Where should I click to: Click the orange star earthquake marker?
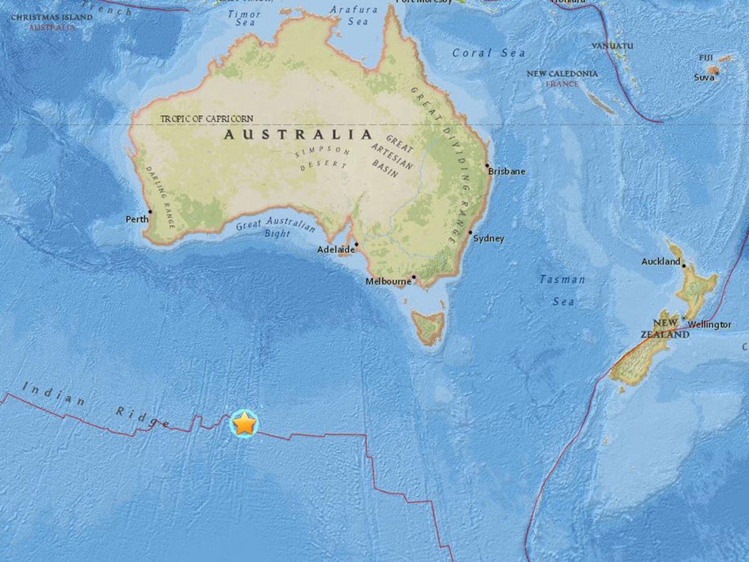[x=244, y=424]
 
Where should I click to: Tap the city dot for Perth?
[x=150, y=212]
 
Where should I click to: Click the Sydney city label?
[x=489, y=239]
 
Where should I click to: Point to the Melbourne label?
[x=388, y=282]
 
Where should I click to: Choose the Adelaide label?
[x=336, y=249]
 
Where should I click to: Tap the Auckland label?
[x=660, y=262]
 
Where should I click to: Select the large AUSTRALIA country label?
[x=298, y=134]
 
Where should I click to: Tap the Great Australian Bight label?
[x=275, y=227]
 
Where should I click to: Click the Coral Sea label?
[x=489, y=53]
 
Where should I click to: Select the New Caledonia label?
[x=562, y=74]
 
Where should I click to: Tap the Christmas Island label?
[x=52, y=17]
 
